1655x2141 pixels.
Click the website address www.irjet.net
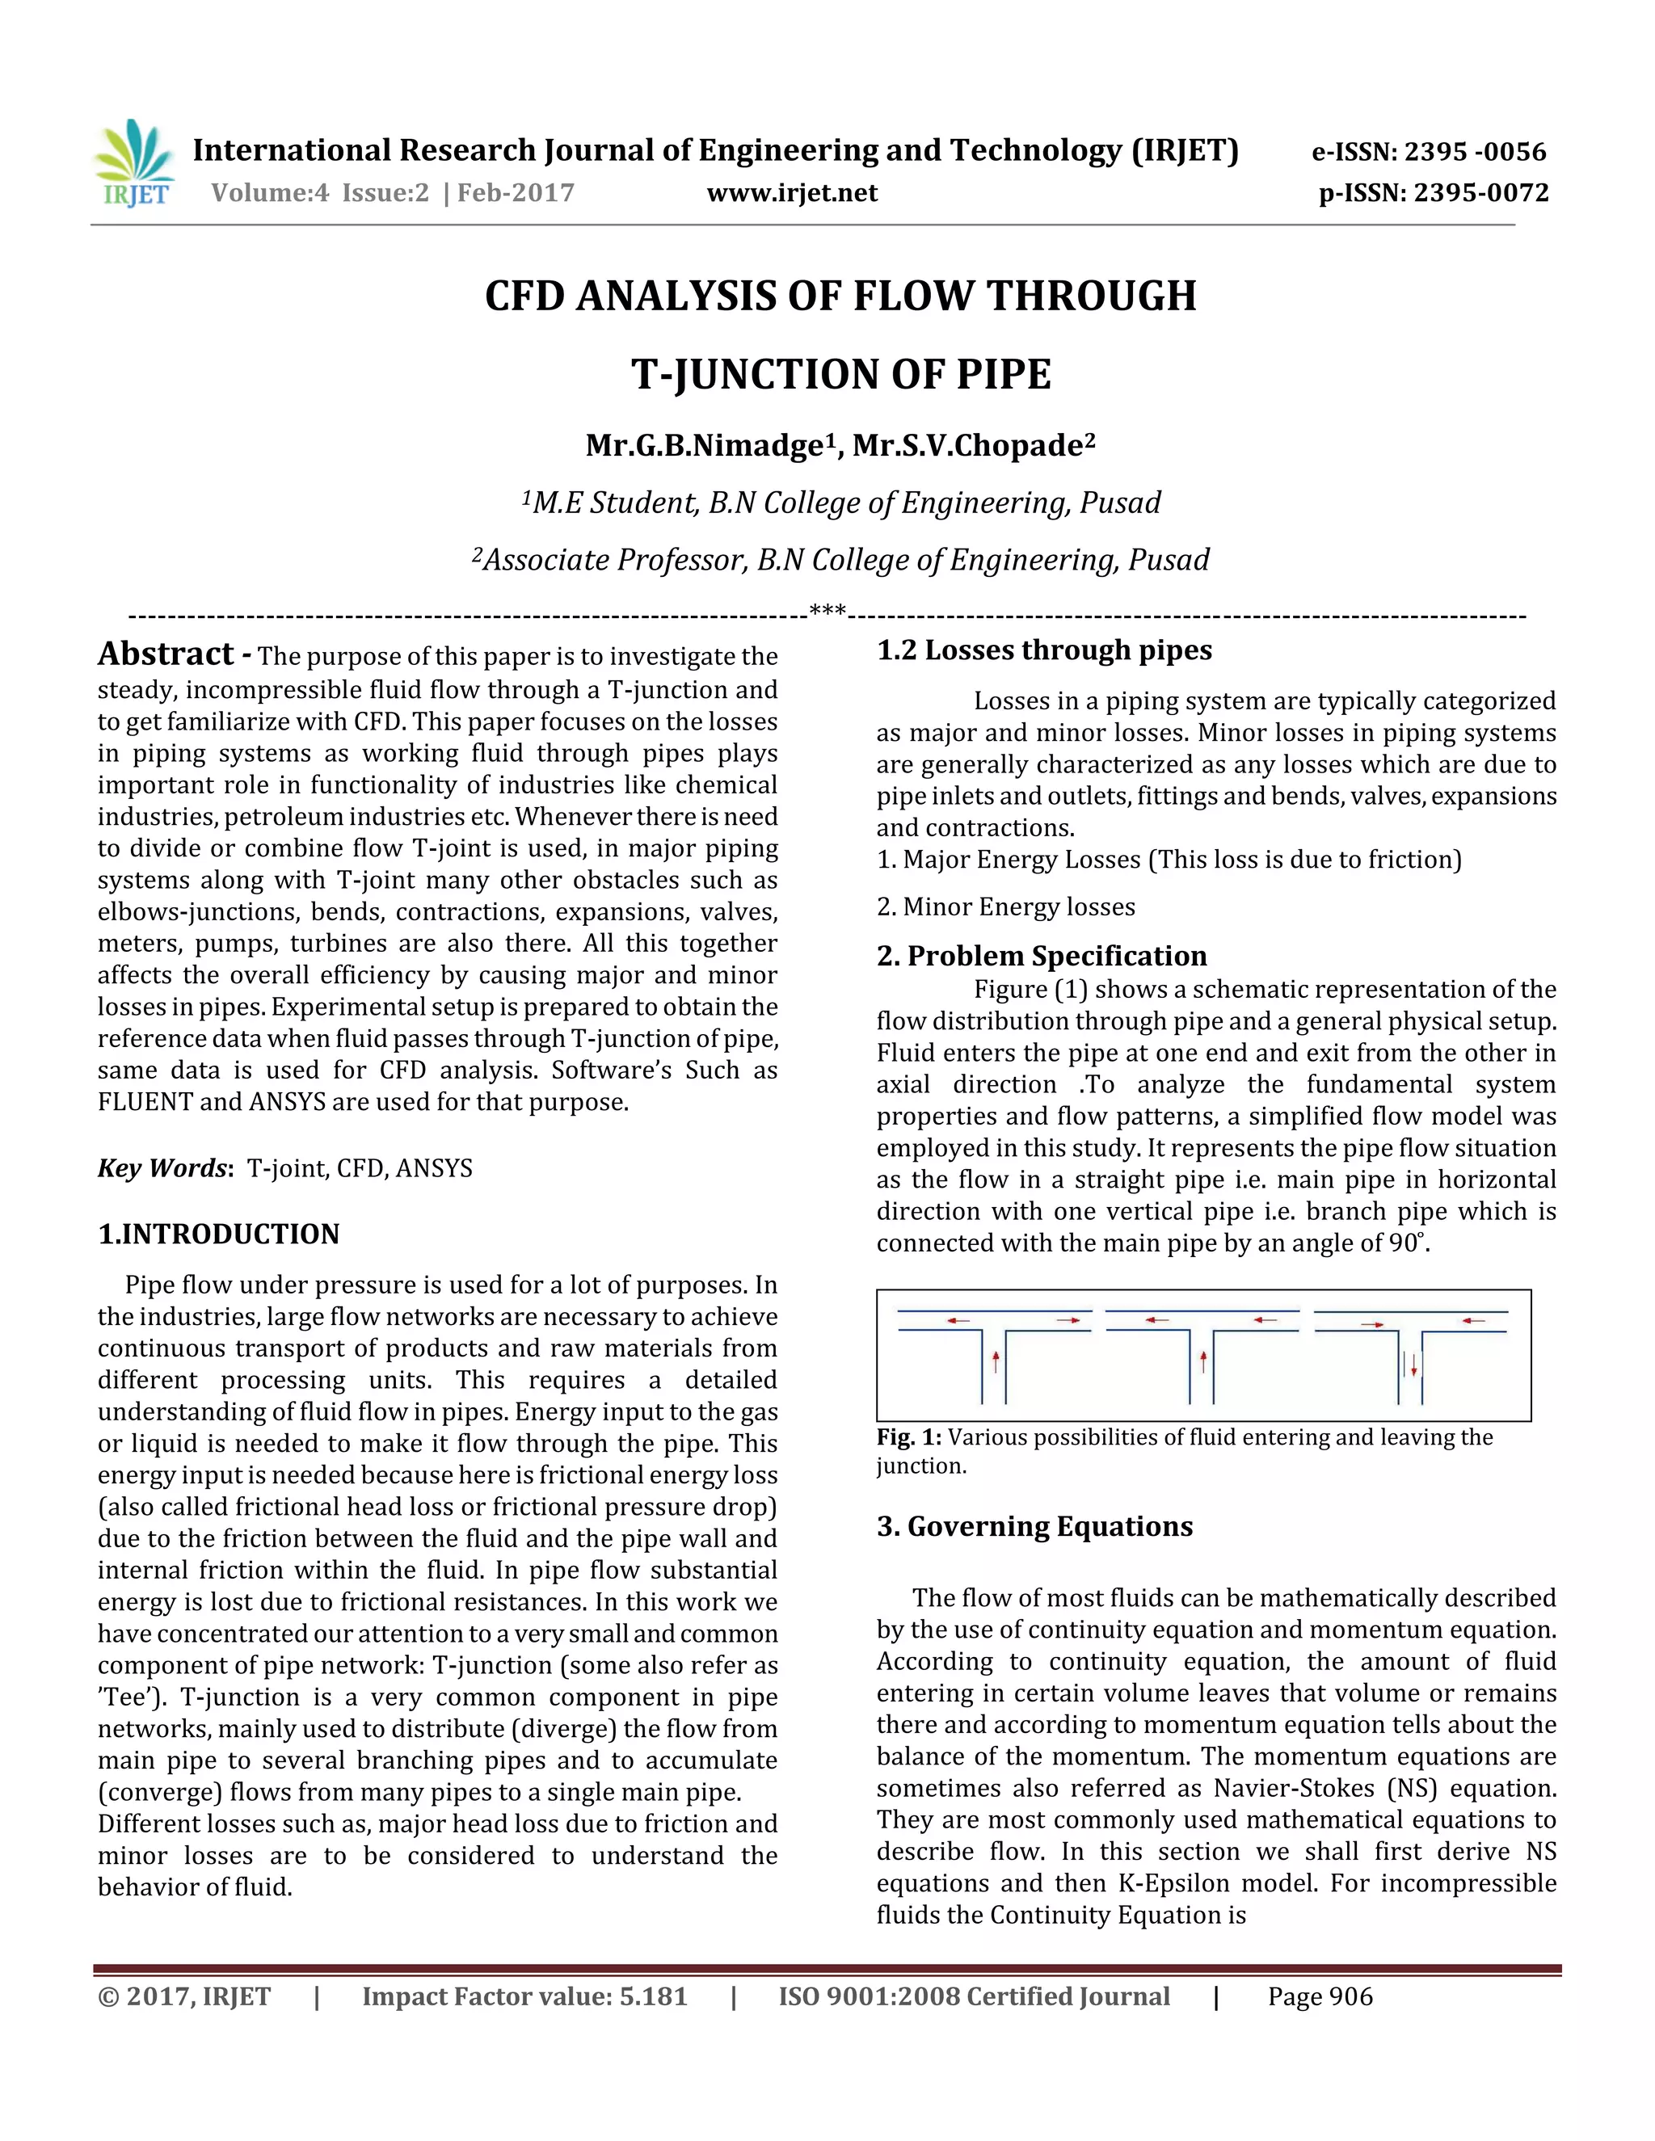click(x=792, y=193)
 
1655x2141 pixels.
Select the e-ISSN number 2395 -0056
click(x=1476, y=152)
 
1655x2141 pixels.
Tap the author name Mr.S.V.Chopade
click(x=973, y=446)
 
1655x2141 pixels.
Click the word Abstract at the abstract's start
click(x=166, y=654)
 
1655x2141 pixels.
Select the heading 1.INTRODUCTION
click(x=219, y=1235)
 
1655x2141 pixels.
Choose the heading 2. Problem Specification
click(x=1041, y=956)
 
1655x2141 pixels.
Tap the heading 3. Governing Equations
click(x=1034, y=1526)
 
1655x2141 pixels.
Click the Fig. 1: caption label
click(x=909, y=1437)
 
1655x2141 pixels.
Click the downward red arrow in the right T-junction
click(x=1414, y=1365)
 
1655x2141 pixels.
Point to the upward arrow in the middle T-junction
click(x=1203, y=1361)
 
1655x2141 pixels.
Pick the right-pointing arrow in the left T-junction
click(x=1068, y=1320)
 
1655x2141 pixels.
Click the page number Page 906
click(x=1320, y=1997)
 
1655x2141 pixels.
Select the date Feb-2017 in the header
click(x=516, y=193)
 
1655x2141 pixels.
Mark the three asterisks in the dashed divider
click(x=827, y=614)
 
